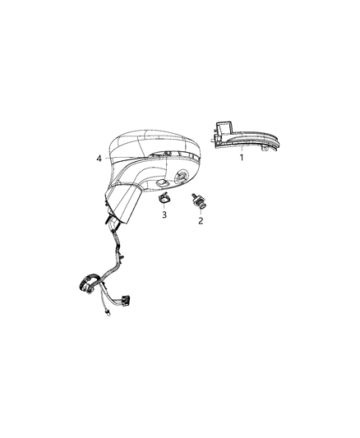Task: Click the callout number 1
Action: click(242, 157)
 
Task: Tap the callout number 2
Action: click(201, 220)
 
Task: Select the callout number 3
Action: click(164, 214)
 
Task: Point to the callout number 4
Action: click(99, 158)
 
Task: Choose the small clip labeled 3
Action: click(164, 198)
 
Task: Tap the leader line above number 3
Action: click(164, 206)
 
